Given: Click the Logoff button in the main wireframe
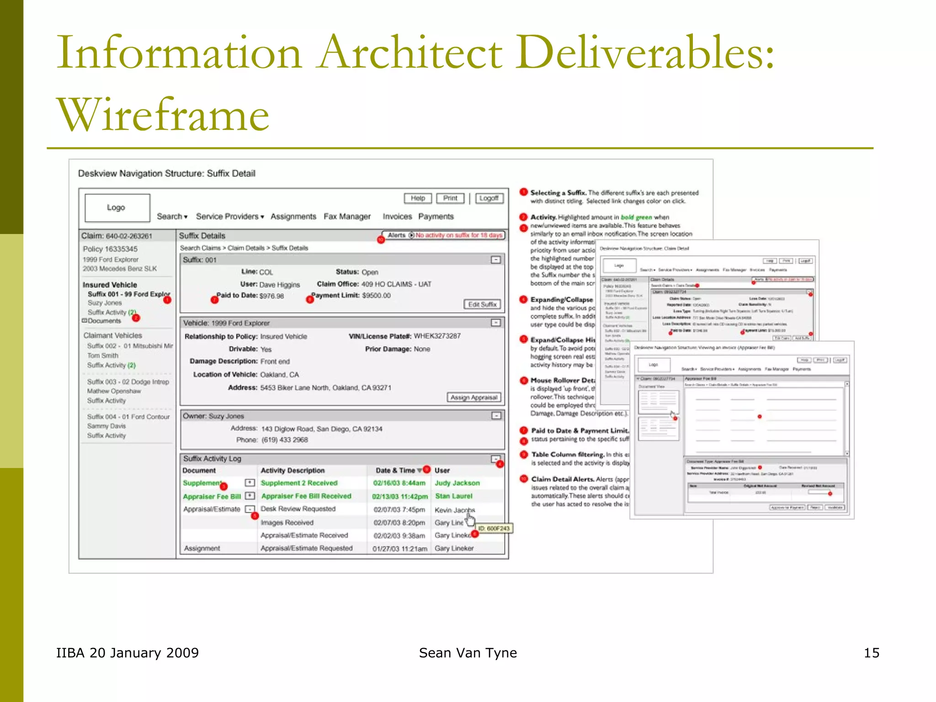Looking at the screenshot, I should coord(489,198).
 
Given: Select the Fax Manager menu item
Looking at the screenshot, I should coord(347,217).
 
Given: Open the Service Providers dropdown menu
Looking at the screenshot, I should coord(230,217).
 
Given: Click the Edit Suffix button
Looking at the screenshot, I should coord(482,304).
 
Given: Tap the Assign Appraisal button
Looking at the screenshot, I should coord(473,397).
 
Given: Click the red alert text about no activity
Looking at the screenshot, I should coord(458,235).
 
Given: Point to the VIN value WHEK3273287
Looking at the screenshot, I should coord(437,336).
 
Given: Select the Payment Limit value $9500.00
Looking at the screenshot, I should coord(376,296).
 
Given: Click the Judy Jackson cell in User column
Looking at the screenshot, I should coord(457,483).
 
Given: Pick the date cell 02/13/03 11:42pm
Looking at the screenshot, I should coord(399,496).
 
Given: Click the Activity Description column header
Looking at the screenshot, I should coord(292,470).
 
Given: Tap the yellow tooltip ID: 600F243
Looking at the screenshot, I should coord(494,528).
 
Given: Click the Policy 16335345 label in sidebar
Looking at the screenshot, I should coord(110,249).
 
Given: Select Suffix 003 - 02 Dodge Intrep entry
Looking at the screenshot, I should coord(128,382).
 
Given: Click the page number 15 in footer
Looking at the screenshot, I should coord(871,653).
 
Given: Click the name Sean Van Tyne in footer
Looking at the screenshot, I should coord(468,653).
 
